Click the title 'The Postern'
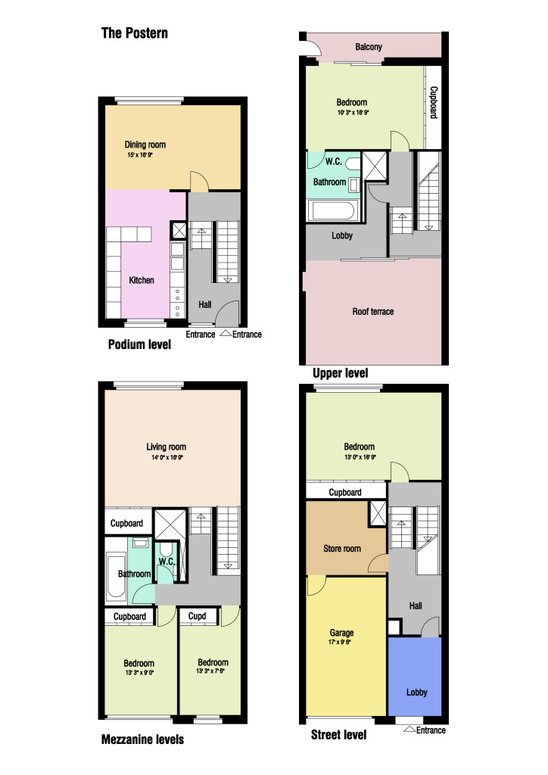coord(135,33)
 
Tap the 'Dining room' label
coord(145,145)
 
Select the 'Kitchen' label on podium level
coord(142,280)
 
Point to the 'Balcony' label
coord(369,47)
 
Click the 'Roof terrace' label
coord(373,311)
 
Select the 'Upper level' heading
coord(341,373)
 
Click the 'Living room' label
coord(166,447)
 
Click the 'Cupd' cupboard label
coord(198,616)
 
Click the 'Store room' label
coord(342,549)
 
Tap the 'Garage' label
coord(341,633)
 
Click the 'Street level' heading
coord(339,735)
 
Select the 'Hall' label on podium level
coord(205,305)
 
